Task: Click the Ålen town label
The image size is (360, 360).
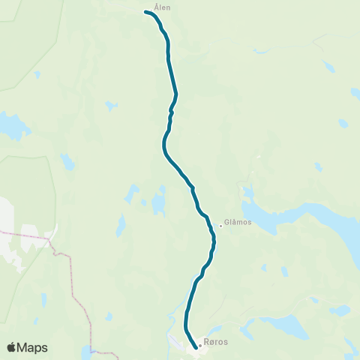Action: click(162, 7)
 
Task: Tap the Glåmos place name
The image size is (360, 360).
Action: click(238, 223)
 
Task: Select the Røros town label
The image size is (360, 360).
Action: click(217, 343)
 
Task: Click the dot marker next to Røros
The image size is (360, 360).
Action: click(200, 346)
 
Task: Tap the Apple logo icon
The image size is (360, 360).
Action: click(11, 347)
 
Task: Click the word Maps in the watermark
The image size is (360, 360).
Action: click(33, 347)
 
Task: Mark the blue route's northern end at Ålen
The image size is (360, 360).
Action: click(145, 11)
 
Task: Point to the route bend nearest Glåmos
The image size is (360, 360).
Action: click(214, 238)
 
